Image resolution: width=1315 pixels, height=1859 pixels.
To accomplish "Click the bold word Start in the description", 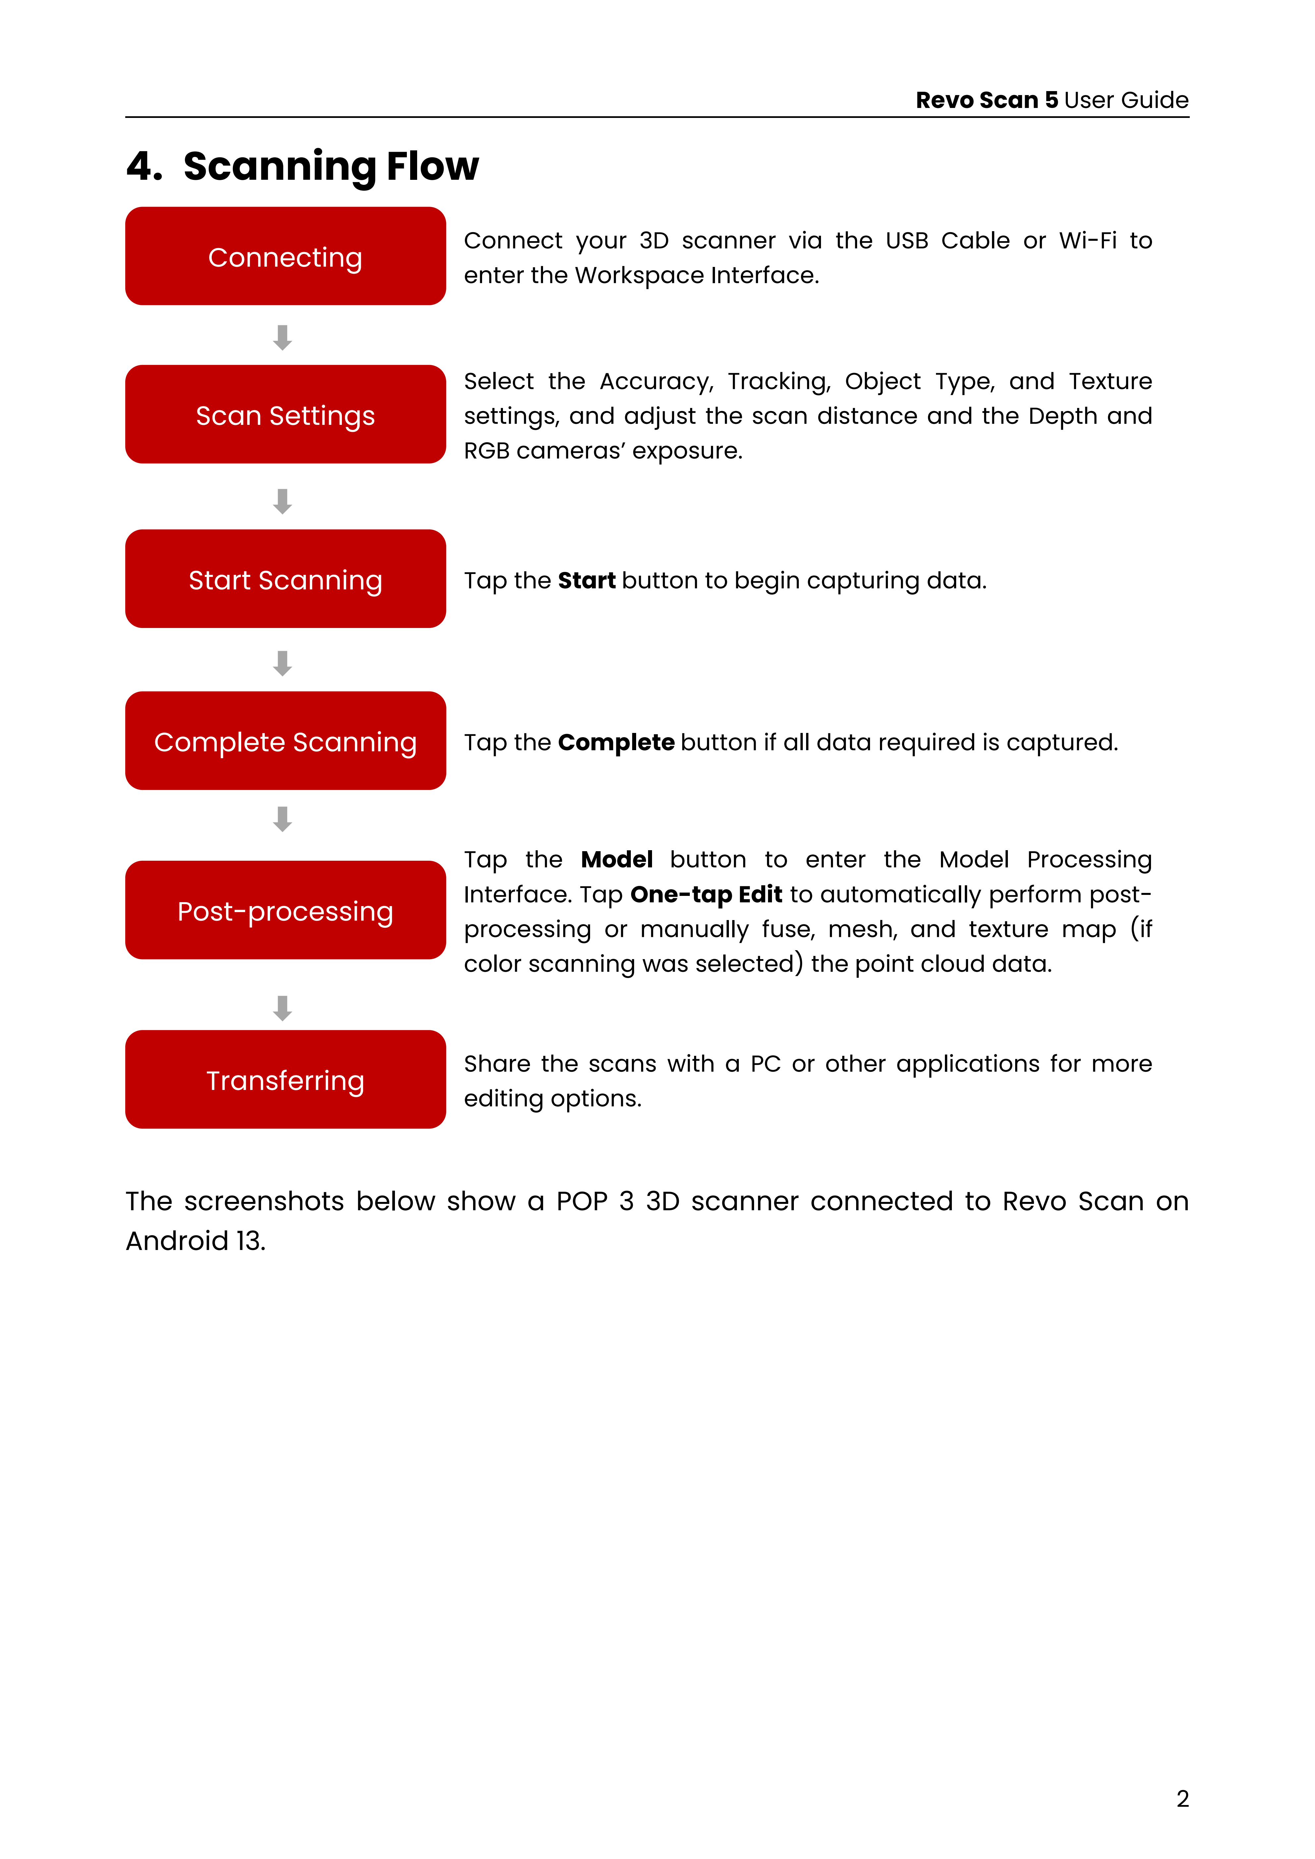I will click(586, 581).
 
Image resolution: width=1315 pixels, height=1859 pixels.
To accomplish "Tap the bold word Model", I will click(616, 859).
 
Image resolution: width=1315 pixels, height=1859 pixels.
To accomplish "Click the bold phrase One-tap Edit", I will click(705, 894).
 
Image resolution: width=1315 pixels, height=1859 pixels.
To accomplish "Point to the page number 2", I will click(1182, 1798).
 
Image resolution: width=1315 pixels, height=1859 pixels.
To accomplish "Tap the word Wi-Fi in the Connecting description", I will click(1087, 240).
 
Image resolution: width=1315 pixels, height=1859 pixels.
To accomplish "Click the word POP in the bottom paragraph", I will click(581, 1202).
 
